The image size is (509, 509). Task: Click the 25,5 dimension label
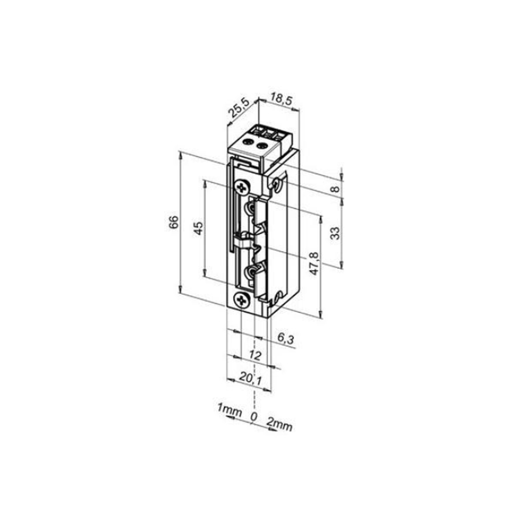tap(239, 108)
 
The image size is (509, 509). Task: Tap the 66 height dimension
tap(174, 222)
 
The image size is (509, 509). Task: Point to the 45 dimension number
tap(198, 228)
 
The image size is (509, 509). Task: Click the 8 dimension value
tap(336, 189)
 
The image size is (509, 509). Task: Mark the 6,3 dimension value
tap(286, 339)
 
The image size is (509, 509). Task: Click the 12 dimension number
tap(255, 355)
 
